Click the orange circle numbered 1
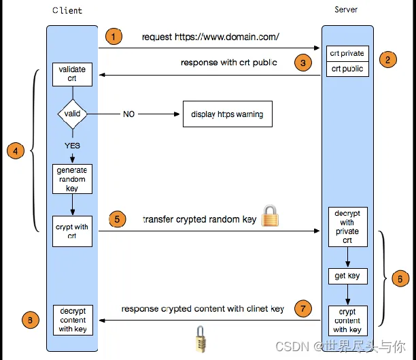pyautogui.click(x=114, y=36)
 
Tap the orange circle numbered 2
pyautogui.click(x=387, y=59)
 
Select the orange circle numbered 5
pyautogui.click(x=118, y=219)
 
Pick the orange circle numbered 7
pyautogui.click(x=303, y=308)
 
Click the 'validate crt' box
pyautogui.click(x=73, y=74)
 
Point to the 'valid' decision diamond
pyautogui.click(x=73, y=114)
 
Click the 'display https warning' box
pyautogui.click(x=228, y=114)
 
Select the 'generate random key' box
pyautogui.click(x=73, y=179)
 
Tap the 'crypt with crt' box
pyautogui.click(x=73, y=231)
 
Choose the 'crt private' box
pyautogui.click(x=347, y=54)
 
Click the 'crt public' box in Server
pyautogui.click(x=347, y=69)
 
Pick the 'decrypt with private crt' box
pyautogui.click(x=348, y=227)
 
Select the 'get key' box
pyautogui.click(x=348, y=276)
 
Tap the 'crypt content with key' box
pyautogui.click(x=348, y=321)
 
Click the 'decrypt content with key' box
pyautogui.click(x=73, y=320)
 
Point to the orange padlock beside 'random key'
pyautogui.click(x=270, y=216)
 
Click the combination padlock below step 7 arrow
pyautogui.click(x=201, y=339)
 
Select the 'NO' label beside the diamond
pyautogui.click(x=128, y=114)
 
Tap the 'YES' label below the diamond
pyautogui.click(x=72, y=146)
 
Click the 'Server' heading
pyautogui.click(x=346, y=10)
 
